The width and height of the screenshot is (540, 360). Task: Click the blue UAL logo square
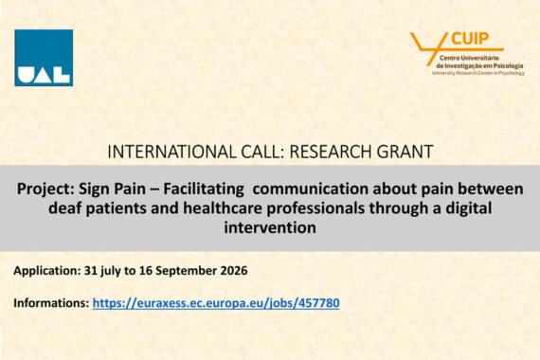(x=44, y=58)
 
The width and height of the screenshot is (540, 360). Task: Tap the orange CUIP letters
(x=470, y=39)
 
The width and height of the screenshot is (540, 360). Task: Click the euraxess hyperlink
(x=216, y=303)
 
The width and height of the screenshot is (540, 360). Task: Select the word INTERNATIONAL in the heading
(x=171, y=152)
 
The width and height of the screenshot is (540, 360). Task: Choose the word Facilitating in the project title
(x=204, y=189)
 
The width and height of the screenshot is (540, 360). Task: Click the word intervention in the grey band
(x=270, y=227)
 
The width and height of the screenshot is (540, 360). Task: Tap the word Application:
(x=46, y=271)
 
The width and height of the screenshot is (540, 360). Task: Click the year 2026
(x=234, y=270)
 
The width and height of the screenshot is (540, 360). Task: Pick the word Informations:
(x=51, y=303)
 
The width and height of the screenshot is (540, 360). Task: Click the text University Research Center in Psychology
(x=478, y=73)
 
